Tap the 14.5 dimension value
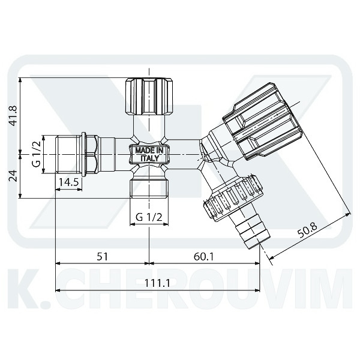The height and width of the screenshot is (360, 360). [68, 182]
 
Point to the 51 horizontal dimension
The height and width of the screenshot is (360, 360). [103, 256]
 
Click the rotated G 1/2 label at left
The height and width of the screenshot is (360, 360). [35, 154]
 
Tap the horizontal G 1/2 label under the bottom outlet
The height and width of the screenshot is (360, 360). [148, 216]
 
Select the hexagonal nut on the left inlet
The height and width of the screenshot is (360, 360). [92, 154]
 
